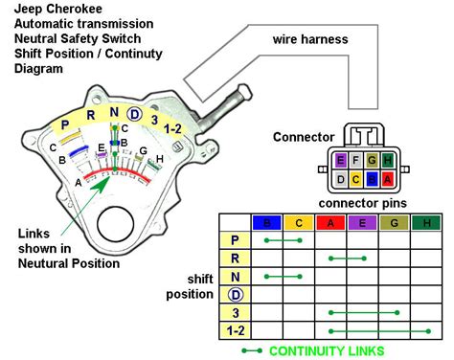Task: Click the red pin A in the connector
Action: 387,179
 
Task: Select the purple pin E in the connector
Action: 341,160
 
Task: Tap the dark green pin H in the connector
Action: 387,160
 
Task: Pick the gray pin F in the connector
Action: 356,160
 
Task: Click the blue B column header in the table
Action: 267,222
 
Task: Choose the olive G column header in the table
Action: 395,222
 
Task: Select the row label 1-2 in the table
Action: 236,330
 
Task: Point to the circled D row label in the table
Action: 236,295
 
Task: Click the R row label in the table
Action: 236,259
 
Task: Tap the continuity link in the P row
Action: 283,240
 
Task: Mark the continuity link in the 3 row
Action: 364,313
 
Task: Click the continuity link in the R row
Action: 348,259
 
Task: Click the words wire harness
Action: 310,39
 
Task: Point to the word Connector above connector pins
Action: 304,137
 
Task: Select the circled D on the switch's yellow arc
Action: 134,114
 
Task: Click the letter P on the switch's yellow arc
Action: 65,124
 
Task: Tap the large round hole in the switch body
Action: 116,224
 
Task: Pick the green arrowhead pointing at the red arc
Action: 102,184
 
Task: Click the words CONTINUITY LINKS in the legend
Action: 327,351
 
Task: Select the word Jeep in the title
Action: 28,9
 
